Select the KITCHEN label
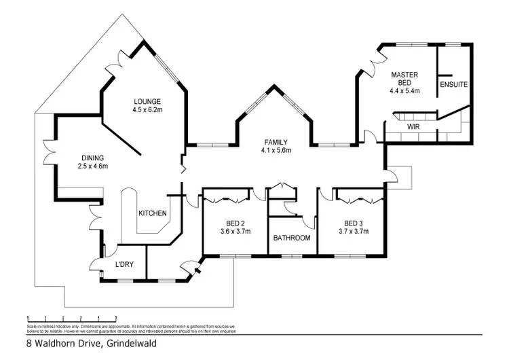pos(153,213)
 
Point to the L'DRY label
pos(124,264)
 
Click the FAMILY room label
pos(277,142)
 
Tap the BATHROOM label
pos(292,238)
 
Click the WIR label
pos(413,126)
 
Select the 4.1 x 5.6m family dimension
pos(277,151)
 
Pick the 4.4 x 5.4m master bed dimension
pos(405,90)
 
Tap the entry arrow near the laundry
pos(197,270)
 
